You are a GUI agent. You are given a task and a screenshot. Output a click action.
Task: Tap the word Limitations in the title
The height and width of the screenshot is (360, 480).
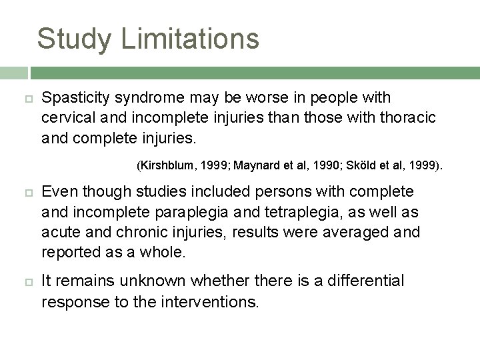(x=190, y=38)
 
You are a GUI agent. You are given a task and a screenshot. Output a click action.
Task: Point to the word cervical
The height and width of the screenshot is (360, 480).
(x=68, y=117)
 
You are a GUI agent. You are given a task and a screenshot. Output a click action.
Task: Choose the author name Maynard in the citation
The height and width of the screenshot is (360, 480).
(x=258, y=164)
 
